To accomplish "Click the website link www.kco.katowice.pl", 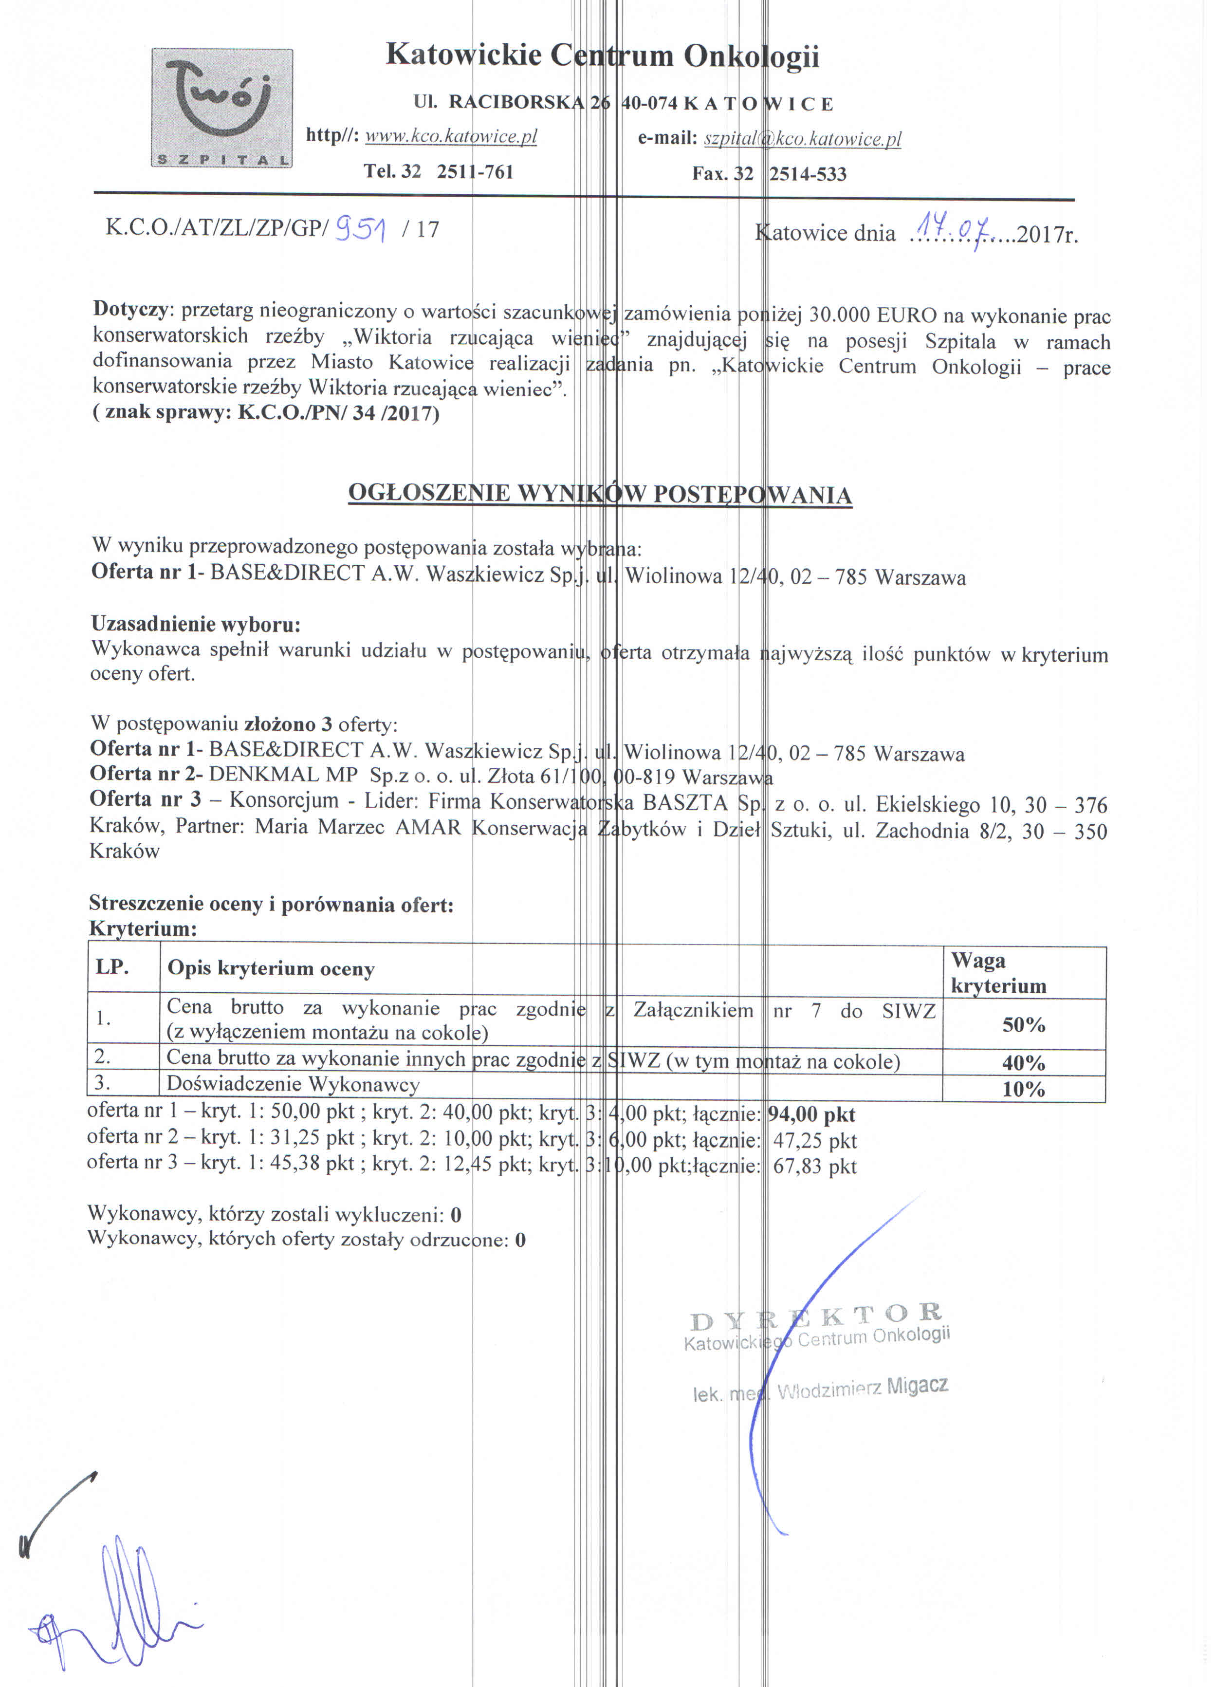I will point(451,136).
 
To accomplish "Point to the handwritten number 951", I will point(361,228).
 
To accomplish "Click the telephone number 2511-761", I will point(475,172).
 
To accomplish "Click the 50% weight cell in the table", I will point(1023,1025).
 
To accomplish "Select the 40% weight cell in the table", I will point(1023,1063).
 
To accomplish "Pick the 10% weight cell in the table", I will point(1023,1089).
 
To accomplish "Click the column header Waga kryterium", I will point(998,973).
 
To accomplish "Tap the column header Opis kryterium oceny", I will point(271,968).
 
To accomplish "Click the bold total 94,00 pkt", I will point(811,1114).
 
